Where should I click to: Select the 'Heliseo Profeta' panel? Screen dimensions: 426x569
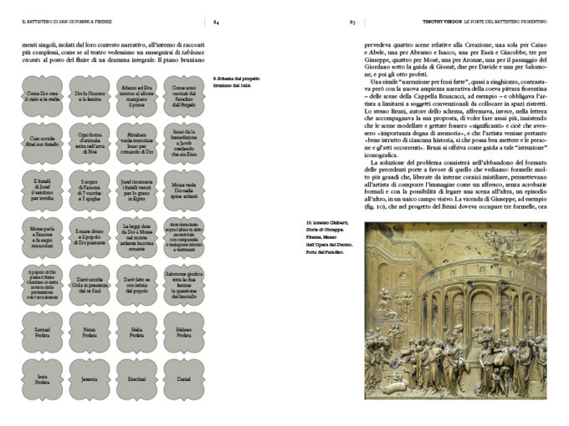(x=183, y=332)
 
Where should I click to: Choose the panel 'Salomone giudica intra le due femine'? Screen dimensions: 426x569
(x=183, y=285)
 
